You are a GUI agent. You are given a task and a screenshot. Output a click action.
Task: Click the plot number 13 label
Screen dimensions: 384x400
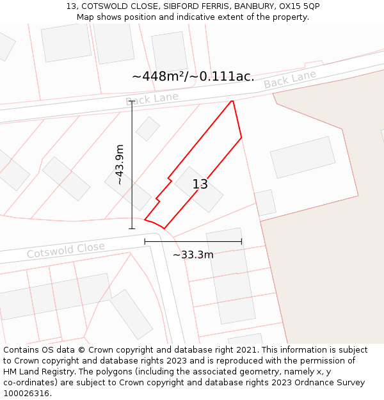[x=200, y=184]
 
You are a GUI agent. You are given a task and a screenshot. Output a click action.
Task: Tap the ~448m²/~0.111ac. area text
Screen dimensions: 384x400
[x=193, y=76]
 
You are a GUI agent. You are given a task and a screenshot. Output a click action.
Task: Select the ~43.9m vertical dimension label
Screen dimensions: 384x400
[x=120, y=164]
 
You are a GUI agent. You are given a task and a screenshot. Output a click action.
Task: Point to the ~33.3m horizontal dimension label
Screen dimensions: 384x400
[x=193, y=255]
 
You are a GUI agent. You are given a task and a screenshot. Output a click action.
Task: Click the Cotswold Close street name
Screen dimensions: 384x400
[x=65, y=250]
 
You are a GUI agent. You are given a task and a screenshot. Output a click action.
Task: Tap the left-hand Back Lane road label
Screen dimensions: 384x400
[x=152, y=98]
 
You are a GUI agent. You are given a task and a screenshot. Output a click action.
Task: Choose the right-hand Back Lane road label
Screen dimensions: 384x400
[x=290, y=80]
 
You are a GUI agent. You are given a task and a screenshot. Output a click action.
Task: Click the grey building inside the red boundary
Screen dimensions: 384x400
[x=199, y=189]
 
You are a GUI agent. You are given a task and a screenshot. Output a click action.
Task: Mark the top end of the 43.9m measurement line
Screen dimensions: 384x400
[x=132, y=101]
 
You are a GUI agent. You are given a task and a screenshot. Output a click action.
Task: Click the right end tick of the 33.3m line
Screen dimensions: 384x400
[x=241, y=241]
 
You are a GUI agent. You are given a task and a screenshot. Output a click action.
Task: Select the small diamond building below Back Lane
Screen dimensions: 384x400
[x=148, y=129]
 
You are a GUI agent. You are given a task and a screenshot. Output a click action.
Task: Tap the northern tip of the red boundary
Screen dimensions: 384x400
[x=232, y=101]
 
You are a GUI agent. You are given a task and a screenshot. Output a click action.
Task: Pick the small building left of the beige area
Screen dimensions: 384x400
[x=264, y=202]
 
